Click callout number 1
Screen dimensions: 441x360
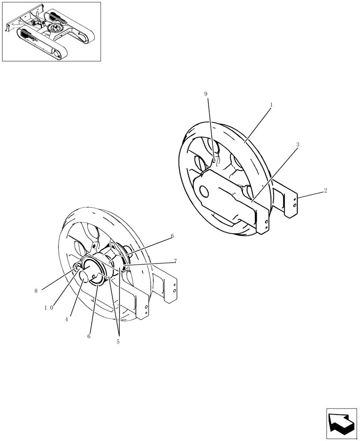pos(271,105)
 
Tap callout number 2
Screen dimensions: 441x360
pos(325,191)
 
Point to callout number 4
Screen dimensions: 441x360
pos(66,319)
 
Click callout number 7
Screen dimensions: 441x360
pos(175,261)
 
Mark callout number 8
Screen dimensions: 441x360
pos(36,291)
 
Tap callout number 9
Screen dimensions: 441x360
pos(206,93)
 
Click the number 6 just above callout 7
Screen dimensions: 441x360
pos(172,236)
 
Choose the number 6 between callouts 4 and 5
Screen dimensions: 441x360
pos(89,336)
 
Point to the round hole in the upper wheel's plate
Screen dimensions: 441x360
pos(204,191)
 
